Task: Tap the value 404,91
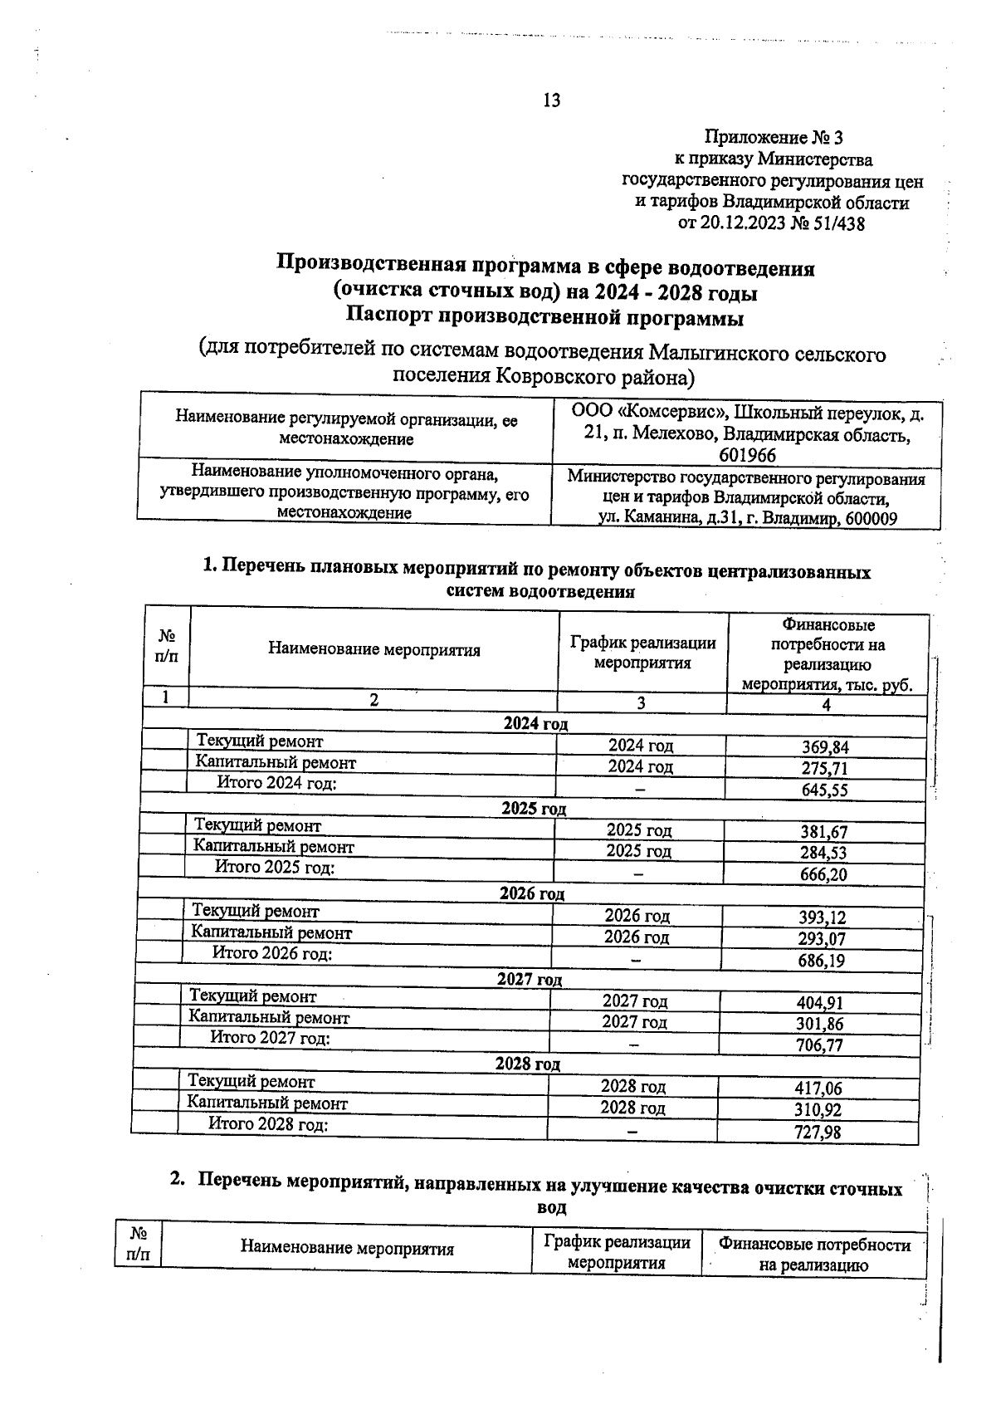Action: pos(820,1003)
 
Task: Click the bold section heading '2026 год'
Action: pos(532,894)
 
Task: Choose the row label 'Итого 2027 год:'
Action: pos(270,1038)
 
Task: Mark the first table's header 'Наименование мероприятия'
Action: pos(373,650)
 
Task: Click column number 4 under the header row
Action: pos(826,705)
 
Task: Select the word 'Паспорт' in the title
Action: pos(388,317)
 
